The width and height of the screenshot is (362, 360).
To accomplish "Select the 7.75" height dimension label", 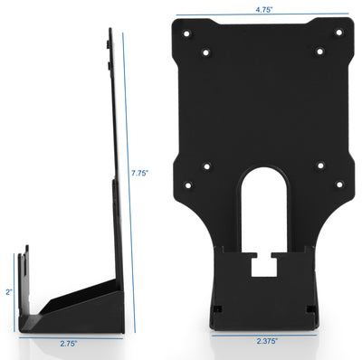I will (140, 173).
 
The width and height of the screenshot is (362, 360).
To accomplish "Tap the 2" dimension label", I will (7, 291).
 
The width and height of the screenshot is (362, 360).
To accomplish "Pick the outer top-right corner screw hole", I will (338, 33).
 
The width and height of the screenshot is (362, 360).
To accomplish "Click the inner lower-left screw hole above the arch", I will (206, 166).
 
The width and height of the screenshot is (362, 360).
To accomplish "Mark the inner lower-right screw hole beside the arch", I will (319, 166).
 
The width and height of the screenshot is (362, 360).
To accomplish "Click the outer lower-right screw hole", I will (338, 185).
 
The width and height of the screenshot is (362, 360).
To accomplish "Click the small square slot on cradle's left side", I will (218, 308).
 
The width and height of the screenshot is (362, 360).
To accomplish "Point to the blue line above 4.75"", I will (262, 17).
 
